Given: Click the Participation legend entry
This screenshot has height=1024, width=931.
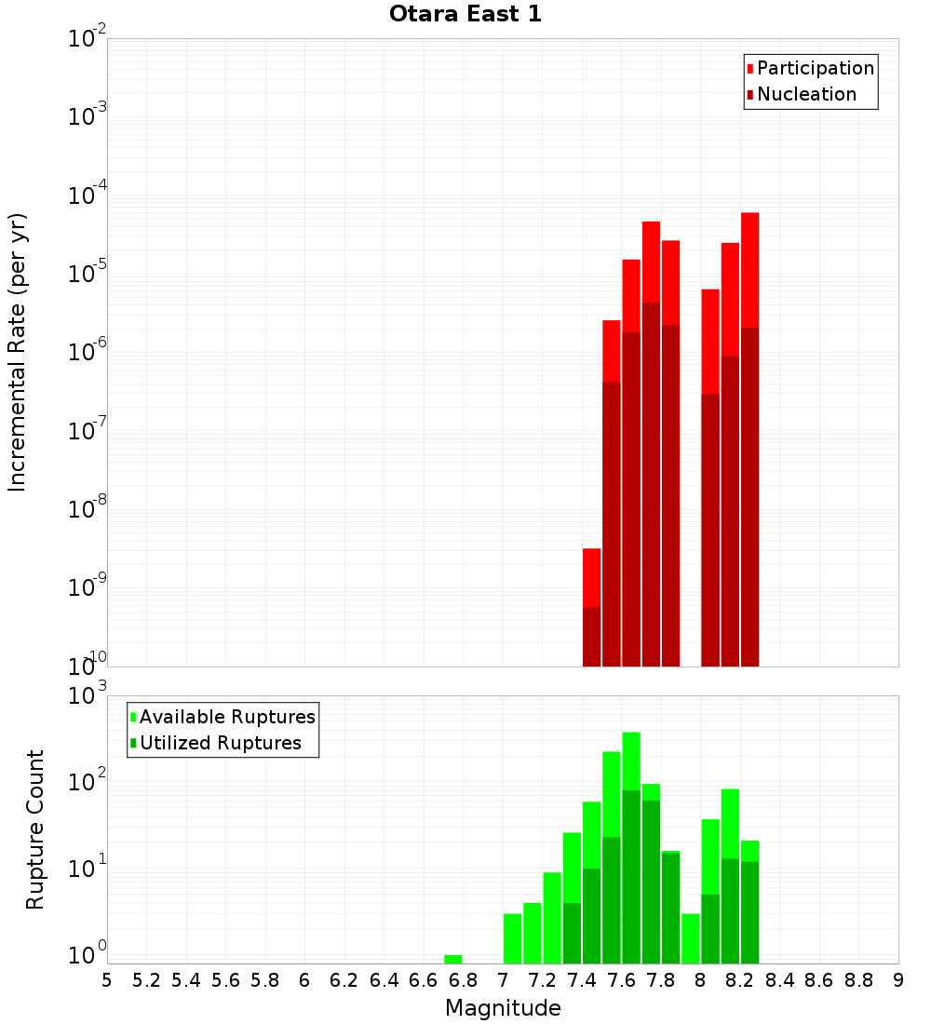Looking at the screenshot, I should click(x=815, y=68).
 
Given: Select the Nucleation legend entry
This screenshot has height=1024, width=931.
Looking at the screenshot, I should click(x=806, y=94).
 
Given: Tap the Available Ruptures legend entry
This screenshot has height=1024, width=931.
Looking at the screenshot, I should click(x=226, y=717).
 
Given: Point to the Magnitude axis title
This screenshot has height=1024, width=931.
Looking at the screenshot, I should click(x=503, y=1008).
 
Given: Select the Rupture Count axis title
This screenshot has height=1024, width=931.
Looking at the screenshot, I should click(x=35, y=829).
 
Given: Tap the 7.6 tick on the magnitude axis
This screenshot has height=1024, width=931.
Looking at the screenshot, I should click(x=622, y=979).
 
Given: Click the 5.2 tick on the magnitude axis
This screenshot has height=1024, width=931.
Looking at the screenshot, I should click(x=146, y=979).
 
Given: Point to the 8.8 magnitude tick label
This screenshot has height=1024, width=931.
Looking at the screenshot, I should click(x=858, y=979).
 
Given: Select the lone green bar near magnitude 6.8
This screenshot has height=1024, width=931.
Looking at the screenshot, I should click(x=453, y=959).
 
